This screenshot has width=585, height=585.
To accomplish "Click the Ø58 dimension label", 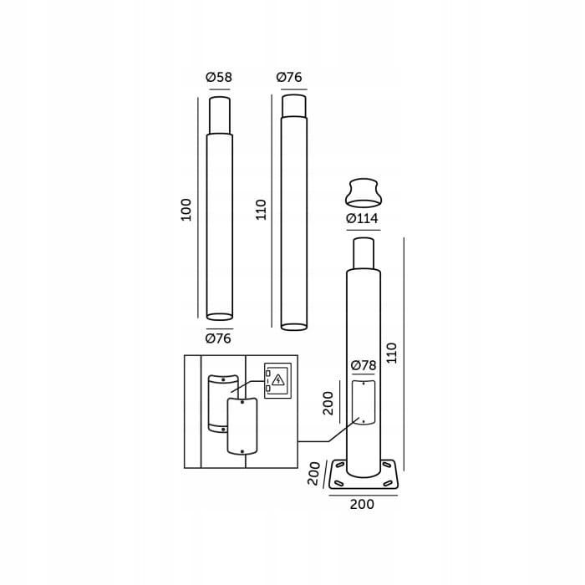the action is coord(219,77).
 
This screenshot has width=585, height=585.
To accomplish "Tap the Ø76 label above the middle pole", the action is coord(289,77).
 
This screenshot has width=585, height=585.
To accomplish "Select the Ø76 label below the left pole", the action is coord(218,338).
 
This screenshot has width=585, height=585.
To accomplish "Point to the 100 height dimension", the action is coord(186,210).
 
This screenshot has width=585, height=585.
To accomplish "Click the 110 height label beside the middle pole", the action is coord(261,210).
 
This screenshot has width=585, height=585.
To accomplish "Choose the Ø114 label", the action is coord(362,218).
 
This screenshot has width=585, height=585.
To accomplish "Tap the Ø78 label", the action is coord(364,365).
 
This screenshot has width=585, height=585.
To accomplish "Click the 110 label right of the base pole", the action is coord(391,353).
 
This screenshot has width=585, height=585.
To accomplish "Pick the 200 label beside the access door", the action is coord(328,403).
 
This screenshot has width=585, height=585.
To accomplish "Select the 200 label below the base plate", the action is coord(362,504).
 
